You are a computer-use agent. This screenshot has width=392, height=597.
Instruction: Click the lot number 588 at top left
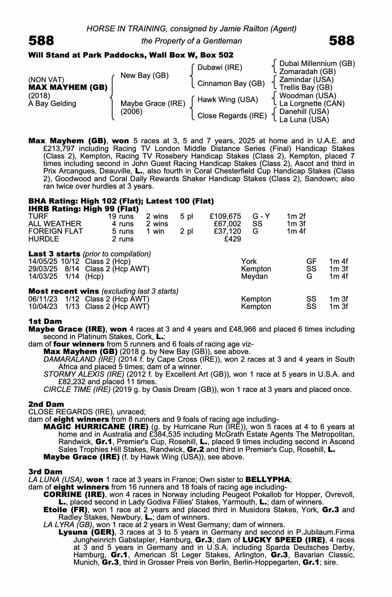click(41, 41)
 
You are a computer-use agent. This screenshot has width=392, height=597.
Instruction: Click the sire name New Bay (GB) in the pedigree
click(144, 76)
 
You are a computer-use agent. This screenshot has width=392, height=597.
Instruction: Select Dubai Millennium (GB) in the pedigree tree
click(317, 64)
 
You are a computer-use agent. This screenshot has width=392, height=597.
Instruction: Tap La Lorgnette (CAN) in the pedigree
click(312, 104)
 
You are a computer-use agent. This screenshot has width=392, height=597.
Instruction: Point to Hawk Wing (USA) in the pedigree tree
click(227, 100)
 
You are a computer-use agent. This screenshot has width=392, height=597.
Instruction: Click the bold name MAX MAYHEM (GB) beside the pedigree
click(68, 87)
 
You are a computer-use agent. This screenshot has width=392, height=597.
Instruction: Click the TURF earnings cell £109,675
click(225, 216)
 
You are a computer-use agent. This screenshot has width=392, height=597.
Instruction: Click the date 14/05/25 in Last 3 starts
click(43, 261)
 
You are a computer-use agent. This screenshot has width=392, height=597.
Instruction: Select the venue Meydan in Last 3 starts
click(254, 276)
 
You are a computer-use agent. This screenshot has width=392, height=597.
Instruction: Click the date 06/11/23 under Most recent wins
click(43, 299)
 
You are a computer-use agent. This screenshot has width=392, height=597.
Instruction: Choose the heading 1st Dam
click(45, 321)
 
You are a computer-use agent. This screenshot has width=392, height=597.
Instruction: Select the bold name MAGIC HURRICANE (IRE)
click(96, 427)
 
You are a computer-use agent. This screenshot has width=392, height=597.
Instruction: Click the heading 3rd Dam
click(45, 472)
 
